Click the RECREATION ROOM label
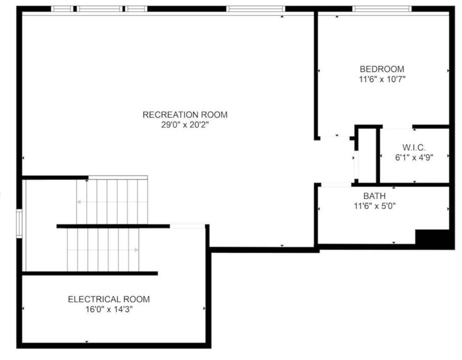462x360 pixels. [x=185, y=115]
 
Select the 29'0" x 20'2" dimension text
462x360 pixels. [x=185, y=125]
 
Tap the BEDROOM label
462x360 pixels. [x=381, y=69]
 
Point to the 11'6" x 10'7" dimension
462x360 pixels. [x=381, y=80]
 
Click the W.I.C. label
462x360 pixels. [x=414, y=148]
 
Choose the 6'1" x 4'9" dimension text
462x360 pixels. [x=414, y=158]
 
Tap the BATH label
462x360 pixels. [x=374, y=196]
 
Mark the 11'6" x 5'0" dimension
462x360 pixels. [x=374, y=206]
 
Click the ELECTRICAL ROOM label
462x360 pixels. [x=109, y=299]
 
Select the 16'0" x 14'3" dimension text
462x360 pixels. [x=109, y=310]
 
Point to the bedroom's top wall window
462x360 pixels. [x=381, y=9]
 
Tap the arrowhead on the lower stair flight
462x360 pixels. [x=136, y=250]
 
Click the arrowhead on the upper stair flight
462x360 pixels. [x=79, y=202]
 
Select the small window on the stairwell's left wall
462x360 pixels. [x=20, y=223]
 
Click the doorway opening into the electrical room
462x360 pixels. [x=187, y=226]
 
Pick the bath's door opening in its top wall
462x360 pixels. [x=336, y=184]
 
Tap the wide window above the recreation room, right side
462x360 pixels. [x=255, y=9]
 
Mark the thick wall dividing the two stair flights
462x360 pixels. [x=113, y=226]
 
